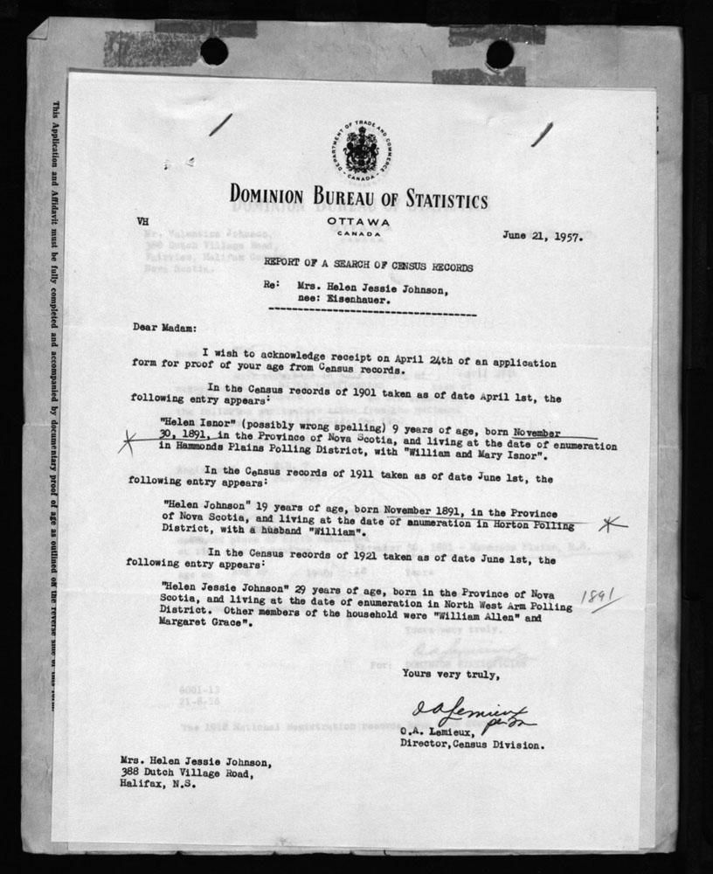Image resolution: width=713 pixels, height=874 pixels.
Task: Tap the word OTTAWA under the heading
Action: click(x=357, y=222)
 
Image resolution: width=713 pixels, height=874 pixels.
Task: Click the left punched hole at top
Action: click(x=214, y=52)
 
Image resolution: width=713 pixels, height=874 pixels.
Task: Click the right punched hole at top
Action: click(x=499, y=54)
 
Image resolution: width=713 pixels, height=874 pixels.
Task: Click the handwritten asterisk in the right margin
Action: click(x=613, y=524)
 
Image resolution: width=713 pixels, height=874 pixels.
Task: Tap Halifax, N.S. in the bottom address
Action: click(x=158, y=785)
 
